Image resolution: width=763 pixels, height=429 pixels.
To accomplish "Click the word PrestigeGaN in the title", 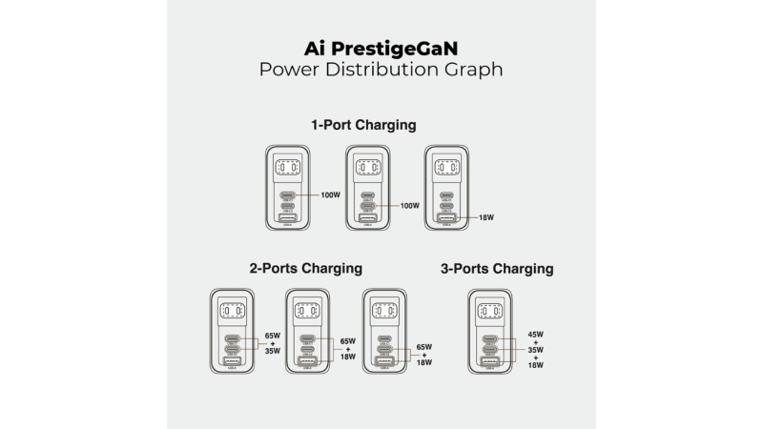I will coord(399,47).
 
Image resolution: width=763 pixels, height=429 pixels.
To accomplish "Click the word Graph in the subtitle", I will coord(470,70).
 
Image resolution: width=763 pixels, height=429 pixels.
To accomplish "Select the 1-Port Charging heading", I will coord(362,125).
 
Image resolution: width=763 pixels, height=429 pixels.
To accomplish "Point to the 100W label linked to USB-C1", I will coord(331,194).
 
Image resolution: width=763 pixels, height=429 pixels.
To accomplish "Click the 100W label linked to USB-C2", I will coord(410,205).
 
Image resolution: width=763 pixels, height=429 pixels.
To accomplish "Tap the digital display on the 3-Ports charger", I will coord(489,311).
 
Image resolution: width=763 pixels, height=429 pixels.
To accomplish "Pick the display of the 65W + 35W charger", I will coord(232,311).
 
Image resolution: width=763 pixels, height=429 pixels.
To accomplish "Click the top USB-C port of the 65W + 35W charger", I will coord(232,338).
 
